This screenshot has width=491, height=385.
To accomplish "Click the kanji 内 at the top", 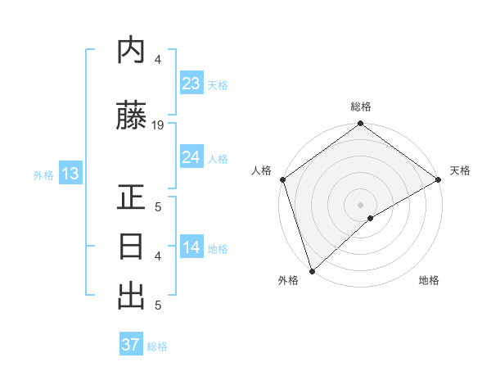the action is (x=132, y=51).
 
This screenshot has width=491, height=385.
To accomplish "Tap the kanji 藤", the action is (x=132, y=116).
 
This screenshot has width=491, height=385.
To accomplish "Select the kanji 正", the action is (x=132, y=199).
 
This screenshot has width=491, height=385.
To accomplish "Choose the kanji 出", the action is (x=132, y=295).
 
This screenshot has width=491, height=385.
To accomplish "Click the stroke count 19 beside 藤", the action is (x=158, y=125).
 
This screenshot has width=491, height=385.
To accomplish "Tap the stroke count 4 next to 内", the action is (x=158, y=60).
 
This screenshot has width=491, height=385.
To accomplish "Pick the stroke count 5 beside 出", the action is (x=158, y=306).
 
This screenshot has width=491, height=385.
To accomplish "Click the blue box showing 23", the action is (x=191, y=83).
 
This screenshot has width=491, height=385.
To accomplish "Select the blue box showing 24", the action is (x=191, y=157).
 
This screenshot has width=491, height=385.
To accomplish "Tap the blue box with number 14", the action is (x=191, y=247).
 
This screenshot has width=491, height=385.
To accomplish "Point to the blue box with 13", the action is (x=70, y=174).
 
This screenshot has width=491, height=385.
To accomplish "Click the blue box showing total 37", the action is (x=131, y=345).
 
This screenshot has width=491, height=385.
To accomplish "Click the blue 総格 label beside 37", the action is (x=157, y=346).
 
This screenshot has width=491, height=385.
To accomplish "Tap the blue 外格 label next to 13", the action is (x=43, y=174).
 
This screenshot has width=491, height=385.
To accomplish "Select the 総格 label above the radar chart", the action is (x=361, y=106).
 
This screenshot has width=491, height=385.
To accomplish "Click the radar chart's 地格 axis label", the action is (x=429, y=280).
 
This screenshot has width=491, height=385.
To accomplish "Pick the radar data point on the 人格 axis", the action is (x=282, y=179).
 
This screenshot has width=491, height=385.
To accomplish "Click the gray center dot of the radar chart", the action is (x=361, y=204).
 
